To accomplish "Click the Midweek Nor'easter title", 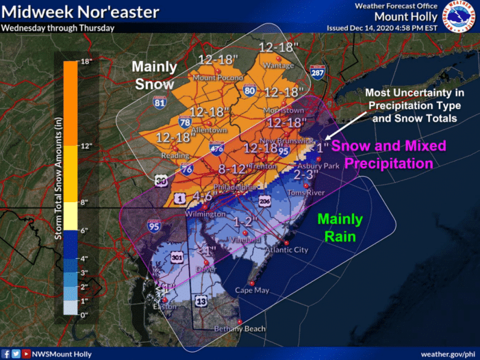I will pyautogui.click(x=80, y=12).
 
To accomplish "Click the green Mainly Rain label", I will pyautogui.click(x=340, y=228).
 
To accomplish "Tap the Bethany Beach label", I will pyautogui.click(x=239, y=329).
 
